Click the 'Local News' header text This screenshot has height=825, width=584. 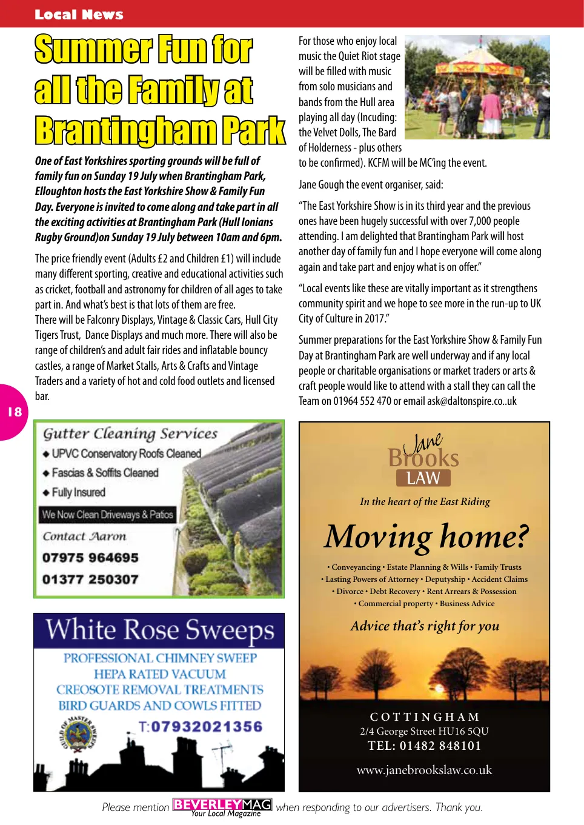pyautogui.click(x=79, y=15)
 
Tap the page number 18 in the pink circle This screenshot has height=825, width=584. pyautogui.click(x=15, y=412)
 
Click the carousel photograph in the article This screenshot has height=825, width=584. pyautogui.click(x=477, y=87)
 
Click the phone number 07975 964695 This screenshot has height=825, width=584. pyautogui.click(x=90, y=558)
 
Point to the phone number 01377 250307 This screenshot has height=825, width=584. pyautogui.click(x=90, y=580)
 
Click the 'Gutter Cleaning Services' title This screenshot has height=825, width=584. pyautogui.click(x=130, y=433)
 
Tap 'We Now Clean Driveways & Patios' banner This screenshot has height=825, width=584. pyautogui.click(x=107, y=515)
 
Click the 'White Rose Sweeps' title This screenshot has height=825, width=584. pyautogui.click(x=159, y=630)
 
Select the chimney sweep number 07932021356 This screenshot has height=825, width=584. pyautogui.click(x=206, y=726)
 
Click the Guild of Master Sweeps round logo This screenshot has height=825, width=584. pyautogui.click(x=79, y=735)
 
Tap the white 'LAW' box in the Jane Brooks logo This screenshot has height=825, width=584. pyautogui.click(x=423, y=478)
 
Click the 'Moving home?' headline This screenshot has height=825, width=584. pyautogui.click(x=426, y=536)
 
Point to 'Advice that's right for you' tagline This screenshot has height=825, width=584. pyautogui.click(x=425, y=626)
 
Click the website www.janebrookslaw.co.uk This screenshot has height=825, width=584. pyautogui.click(x=424, y=770)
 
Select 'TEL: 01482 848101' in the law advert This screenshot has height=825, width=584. pyautogui.click(x=424, y=746)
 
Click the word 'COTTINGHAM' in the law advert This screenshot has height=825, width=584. pyautogui.click(x=424, y=717)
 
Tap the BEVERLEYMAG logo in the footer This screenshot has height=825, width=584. pyautogui.click(x=222, y=806)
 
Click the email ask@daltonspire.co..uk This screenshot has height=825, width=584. pyautogui.click(x=472, y=401)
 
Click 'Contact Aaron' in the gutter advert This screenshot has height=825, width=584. pyautogui.click(x=84, y=536)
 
